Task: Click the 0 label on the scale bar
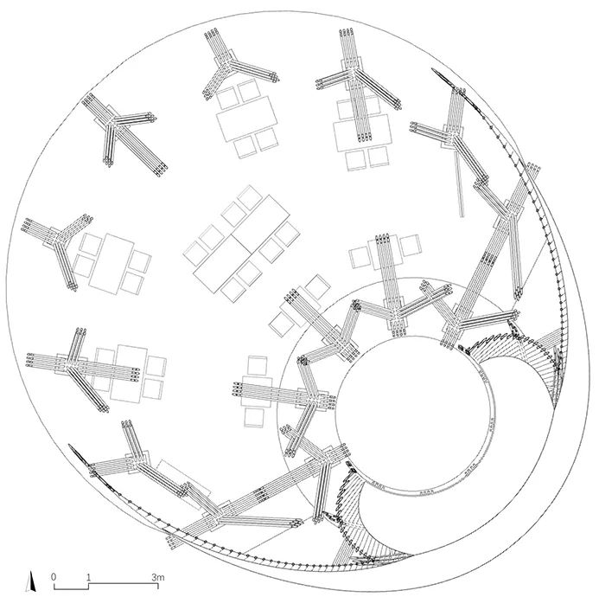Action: click(x=54, y=576)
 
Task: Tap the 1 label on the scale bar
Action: click(x=89, y=576)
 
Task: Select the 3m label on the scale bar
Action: click(x=158, y=577)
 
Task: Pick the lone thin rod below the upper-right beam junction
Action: click(x=460, y=183)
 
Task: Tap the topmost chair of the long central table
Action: click(x=249, y=197)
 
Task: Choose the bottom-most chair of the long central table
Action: click(x=233, y=289)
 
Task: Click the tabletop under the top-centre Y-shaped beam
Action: click(x=247, y=119)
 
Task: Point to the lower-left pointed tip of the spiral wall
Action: click(x=69, y=445)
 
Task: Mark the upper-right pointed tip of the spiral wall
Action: click(x=433, y=69)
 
